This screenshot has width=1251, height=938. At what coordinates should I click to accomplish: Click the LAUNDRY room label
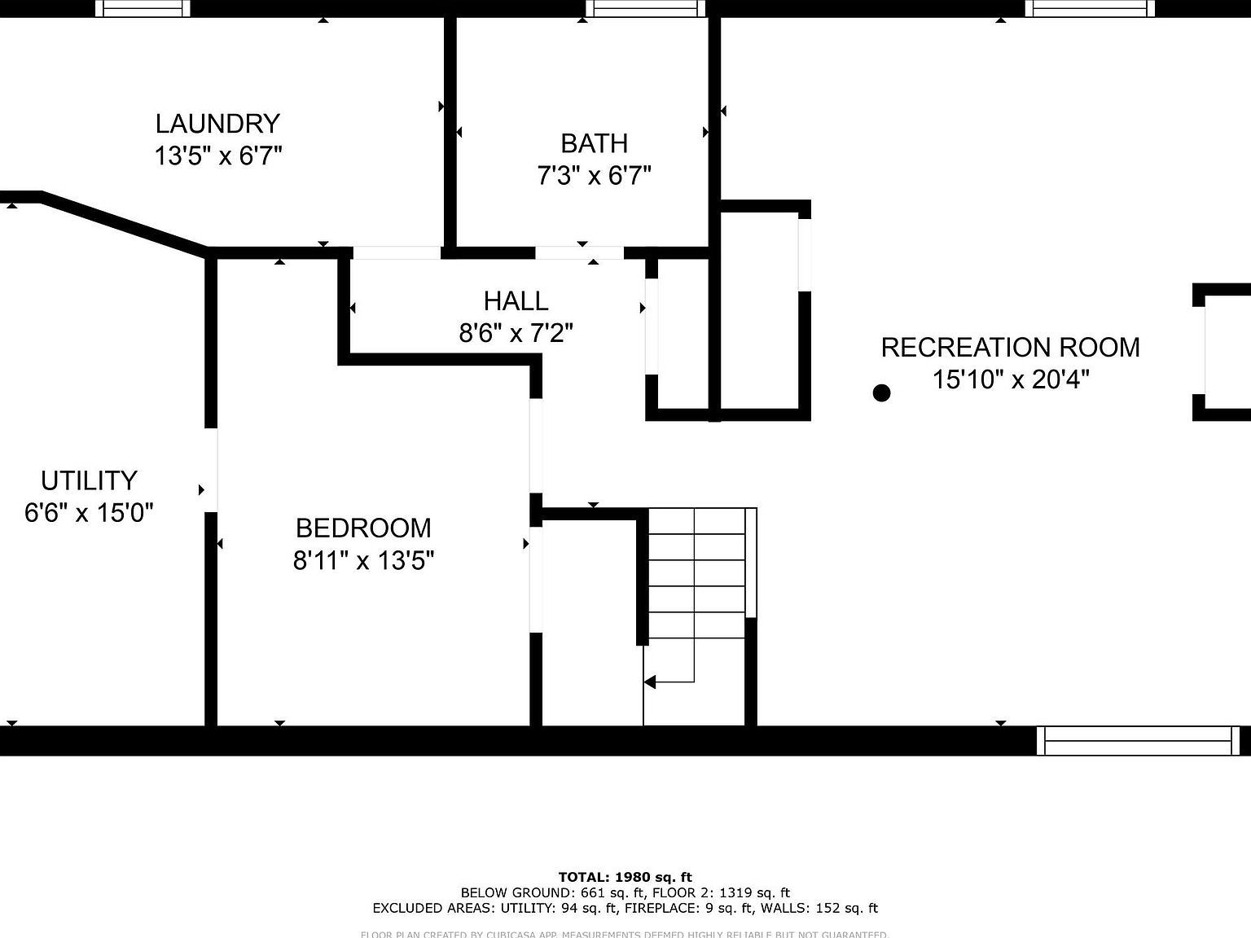point(217,124)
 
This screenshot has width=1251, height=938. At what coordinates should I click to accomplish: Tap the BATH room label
point(594,143)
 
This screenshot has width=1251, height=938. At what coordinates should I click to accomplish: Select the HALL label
point(516,301)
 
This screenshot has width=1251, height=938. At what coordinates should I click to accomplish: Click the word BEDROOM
point(363,528)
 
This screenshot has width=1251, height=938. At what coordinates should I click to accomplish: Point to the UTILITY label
point(89,480)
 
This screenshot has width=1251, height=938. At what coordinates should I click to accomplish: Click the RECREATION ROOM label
point(1010,348)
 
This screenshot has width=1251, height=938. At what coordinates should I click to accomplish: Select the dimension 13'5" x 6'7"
point(217,156)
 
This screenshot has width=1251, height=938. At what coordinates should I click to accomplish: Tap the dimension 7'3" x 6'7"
point(594,176)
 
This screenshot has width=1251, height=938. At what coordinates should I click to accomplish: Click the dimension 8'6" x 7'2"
point(516,334)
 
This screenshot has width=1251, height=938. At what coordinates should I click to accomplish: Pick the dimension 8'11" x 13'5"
point(363,561)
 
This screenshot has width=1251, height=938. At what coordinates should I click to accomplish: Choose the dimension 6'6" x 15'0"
point(89,513)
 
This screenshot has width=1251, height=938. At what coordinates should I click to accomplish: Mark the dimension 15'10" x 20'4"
point(1010,380)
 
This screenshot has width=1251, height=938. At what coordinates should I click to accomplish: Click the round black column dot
point(881,393)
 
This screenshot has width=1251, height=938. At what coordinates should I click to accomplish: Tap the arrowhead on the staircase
point(650,682)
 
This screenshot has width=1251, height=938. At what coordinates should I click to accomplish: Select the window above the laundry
point(143,8)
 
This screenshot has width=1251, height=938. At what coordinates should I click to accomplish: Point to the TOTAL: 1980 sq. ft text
point(625,877)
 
